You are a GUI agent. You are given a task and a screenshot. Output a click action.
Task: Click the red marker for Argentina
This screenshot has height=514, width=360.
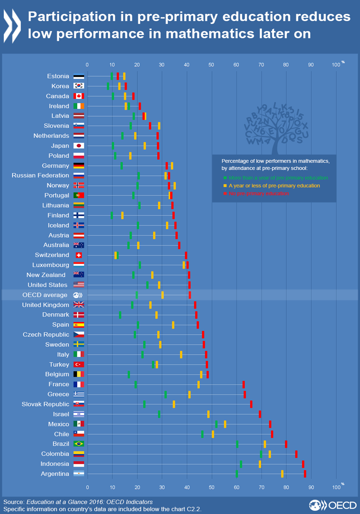pyautogui.click(x=305, y=474)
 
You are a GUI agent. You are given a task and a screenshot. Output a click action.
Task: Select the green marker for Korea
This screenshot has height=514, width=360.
pyautogui.click(x=108, y=86)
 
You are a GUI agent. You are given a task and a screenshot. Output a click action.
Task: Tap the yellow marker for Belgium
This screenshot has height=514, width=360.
pyautogui.click(x=201, y=374)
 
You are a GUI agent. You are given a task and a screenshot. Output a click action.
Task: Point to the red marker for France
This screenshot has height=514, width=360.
pyautogui.click(x=244, y=384)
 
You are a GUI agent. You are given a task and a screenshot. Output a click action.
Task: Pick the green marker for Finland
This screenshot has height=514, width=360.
pyautogui.click(x=112, y=215)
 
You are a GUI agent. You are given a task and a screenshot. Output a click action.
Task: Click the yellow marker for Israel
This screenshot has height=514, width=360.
pyautogui.click(x=209, y=414)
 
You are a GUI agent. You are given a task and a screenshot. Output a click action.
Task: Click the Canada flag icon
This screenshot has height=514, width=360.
pyautogui.click(x=79, y=96)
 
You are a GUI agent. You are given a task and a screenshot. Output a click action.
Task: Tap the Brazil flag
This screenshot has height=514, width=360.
pyautogui.click(x=79, y=444)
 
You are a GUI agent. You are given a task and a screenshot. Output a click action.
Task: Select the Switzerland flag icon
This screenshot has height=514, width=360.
pyautogui.click(x=79, y=255)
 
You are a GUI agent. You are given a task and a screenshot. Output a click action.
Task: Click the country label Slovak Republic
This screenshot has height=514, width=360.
pyautogui.click(x=45, y=404)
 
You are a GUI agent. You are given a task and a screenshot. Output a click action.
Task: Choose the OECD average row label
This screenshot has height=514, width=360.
pyautogui.click(x=45, y=295)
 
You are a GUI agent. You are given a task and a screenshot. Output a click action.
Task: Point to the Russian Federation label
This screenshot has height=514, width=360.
pyautogui.click(x=40, y=175)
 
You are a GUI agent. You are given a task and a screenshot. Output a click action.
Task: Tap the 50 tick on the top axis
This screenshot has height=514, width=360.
pyautogui.click(x=211, y=65)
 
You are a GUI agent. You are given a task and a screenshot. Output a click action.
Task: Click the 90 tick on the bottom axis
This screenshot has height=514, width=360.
pyautogui.click(x=311, y=487)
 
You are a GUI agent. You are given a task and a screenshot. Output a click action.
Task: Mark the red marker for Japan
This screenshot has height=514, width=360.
pyautogui.click(x=158, y=146)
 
